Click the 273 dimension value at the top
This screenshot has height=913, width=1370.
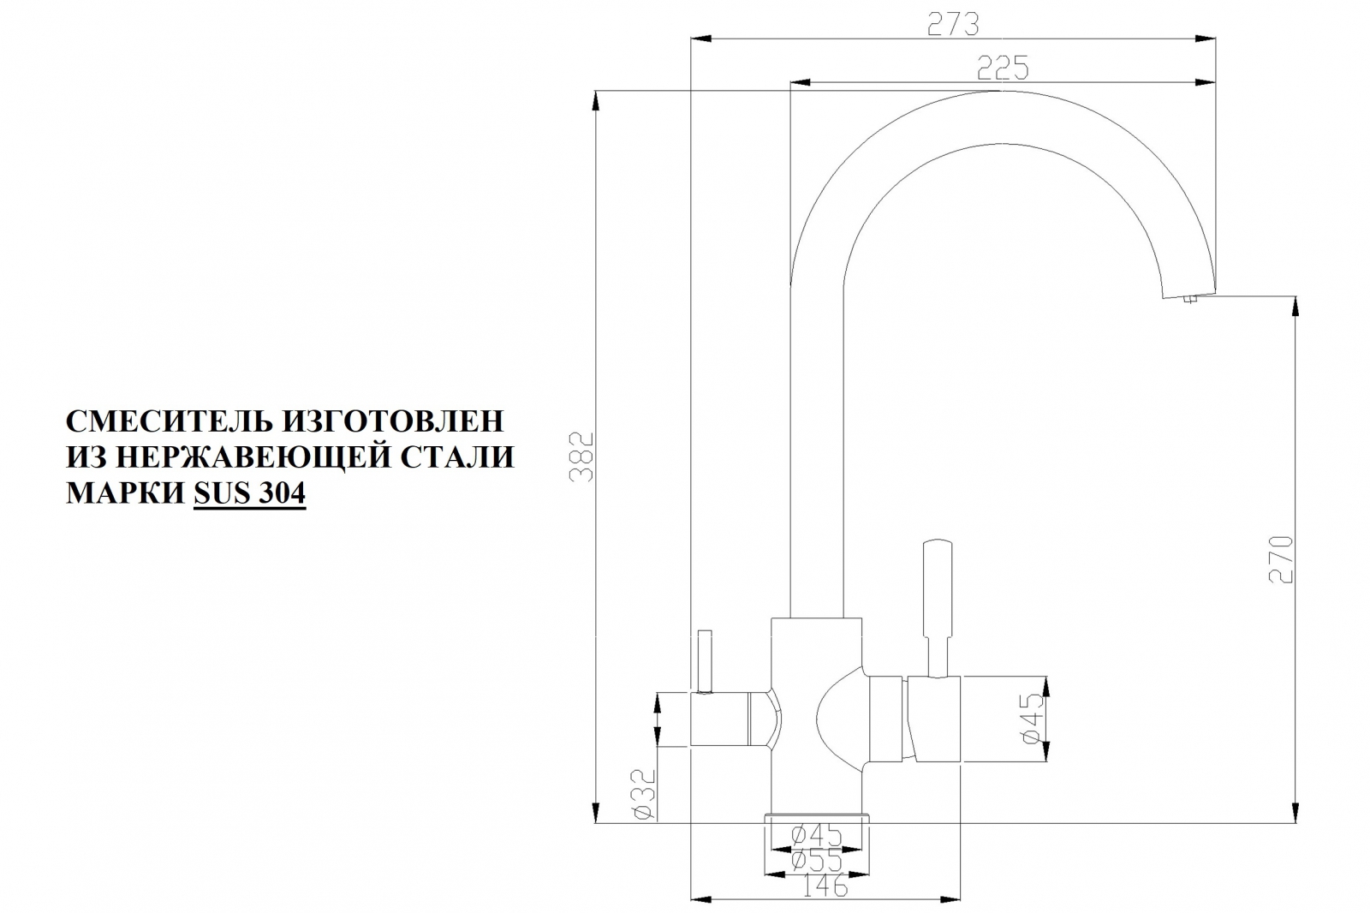click(x=953, y=24)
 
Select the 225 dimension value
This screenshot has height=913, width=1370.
click(x=1003, y=68)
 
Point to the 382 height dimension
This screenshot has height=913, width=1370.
click(x=581, y=456)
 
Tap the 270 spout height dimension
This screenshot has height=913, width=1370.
click(x=1281, y=559)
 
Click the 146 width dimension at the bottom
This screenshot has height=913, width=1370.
click(x=825, y=886)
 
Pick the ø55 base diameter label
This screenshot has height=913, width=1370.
click(x=817, y=861)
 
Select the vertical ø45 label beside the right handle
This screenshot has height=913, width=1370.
click(x=1033, y=719)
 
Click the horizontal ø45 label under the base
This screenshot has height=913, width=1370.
click(x=817, y=835)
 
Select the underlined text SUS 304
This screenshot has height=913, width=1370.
click(x=249, y=493)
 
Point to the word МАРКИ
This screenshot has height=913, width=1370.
click(x=125, y=493)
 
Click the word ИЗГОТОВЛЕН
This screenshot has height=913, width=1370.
click(x=394, y=421)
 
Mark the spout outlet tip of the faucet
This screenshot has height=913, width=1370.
click(x=1189, y=298)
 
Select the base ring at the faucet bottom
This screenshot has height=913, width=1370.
click(x=817, y=818)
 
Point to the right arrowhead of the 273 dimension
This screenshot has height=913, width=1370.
click(x=1206, y=39)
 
